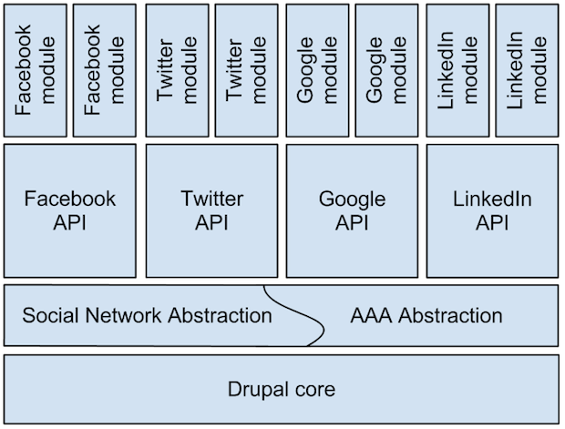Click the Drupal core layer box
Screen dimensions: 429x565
(282, 390)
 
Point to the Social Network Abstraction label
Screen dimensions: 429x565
(147, 316)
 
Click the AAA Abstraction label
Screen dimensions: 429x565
(426, 316)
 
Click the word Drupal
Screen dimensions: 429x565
(257, 390)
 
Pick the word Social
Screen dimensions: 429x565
(47, 316)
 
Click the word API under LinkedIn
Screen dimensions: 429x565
(492, 222)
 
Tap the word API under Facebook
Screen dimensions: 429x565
(71, 222)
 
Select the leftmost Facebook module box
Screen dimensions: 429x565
(36, 70)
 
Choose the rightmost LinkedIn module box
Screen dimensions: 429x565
(527, 70)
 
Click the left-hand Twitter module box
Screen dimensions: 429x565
(177, 70)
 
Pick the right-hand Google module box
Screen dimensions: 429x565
(385, 70)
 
